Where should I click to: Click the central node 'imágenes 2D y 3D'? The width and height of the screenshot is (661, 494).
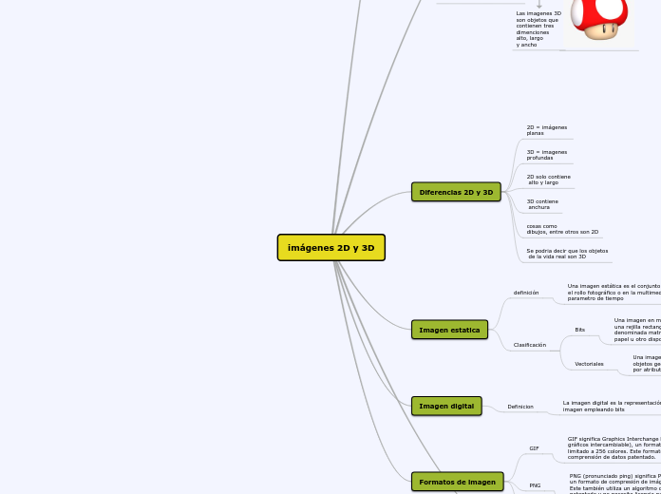pos(330,248)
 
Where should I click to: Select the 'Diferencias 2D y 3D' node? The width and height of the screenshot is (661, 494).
pos(456,192)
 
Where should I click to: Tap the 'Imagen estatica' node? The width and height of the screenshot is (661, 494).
pos(449,330)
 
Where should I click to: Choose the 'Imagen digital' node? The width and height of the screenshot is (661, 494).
pos(446,406)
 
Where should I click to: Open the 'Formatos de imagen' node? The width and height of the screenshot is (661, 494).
pos(457,482)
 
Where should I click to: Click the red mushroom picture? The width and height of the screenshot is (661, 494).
pos(599,19)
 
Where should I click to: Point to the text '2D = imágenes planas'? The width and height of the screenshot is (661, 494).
pos(547,130)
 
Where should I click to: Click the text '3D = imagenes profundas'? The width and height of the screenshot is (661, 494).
pos(547,155)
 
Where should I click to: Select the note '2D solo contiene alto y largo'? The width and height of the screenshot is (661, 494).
pos(549,180)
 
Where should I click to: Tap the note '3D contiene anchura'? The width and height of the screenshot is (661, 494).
pos(542,204)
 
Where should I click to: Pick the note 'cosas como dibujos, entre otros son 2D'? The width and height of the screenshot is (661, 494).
pos(562,229)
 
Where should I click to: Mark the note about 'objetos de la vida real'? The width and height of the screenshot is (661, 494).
pos(567,254)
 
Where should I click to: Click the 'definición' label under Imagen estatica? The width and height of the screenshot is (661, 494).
pos(526,293)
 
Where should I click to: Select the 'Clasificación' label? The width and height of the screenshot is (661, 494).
pos(530,345)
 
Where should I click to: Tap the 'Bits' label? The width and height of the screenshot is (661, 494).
pos(580,330)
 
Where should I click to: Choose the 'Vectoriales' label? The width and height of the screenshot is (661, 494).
pos(589,364)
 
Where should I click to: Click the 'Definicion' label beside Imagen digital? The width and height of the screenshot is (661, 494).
pos(520,407)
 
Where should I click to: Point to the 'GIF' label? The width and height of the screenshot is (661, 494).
pos(534,448)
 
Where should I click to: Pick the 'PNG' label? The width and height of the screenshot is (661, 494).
pos(535,485)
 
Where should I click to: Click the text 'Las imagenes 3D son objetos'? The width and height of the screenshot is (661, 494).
pos(538,29)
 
